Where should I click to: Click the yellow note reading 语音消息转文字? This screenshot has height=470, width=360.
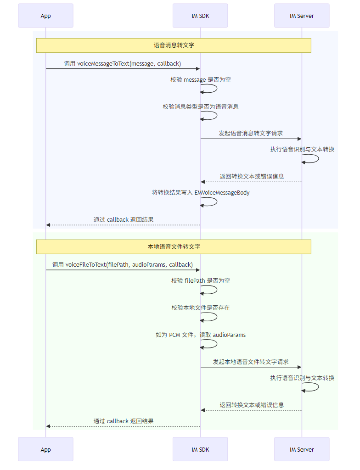[x=174, y=45]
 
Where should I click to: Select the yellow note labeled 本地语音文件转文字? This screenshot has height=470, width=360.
[x=174, y=246]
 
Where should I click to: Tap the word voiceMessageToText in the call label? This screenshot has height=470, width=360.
[x=103, y=63]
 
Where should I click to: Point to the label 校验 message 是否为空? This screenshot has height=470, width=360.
[x=200, y=80]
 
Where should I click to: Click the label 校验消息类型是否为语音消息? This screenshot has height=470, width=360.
[x=200, y=106]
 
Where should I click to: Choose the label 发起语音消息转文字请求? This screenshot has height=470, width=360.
[x=251, y=134]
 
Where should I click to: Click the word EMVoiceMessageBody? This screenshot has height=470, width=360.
[x=222, y=193]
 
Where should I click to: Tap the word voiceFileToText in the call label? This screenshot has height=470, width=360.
[x=86, y=265]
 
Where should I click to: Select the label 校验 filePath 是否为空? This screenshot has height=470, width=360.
[x=200, y=281]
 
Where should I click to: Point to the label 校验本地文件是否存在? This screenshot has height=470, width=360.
[x=200, y=308]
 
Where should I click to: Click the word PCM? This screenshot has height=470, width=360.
[x=174, y=335]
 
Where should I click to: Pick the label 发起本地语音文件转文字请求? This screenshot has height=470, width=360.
[x=251, y=362]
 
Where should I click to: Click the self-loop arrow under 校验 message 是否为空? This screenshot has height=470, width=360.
[x=217, y=89]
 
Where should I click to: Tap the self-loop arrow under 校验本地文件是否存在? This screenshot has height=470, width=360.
[x=217, y=317]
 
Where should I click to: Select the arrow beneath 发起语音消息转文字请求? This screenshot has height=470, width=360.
[x=251, y=139]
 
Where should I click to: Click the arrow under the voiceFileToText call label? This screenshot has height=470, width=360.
[x=123, y=270]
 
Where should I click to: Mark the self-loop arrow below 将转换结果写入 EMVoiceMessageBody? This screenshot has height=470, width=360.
[x=217, y=202]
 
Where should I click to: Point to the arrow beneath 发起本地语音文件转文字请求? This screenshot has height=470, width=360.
[x=251, y=367]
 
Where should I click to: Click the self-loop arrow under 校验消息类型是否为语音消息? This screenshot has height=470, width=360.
[x=217, y=116]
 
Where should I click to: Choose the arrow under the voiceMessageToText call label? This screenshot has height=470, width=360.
[x=123, y=69]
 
